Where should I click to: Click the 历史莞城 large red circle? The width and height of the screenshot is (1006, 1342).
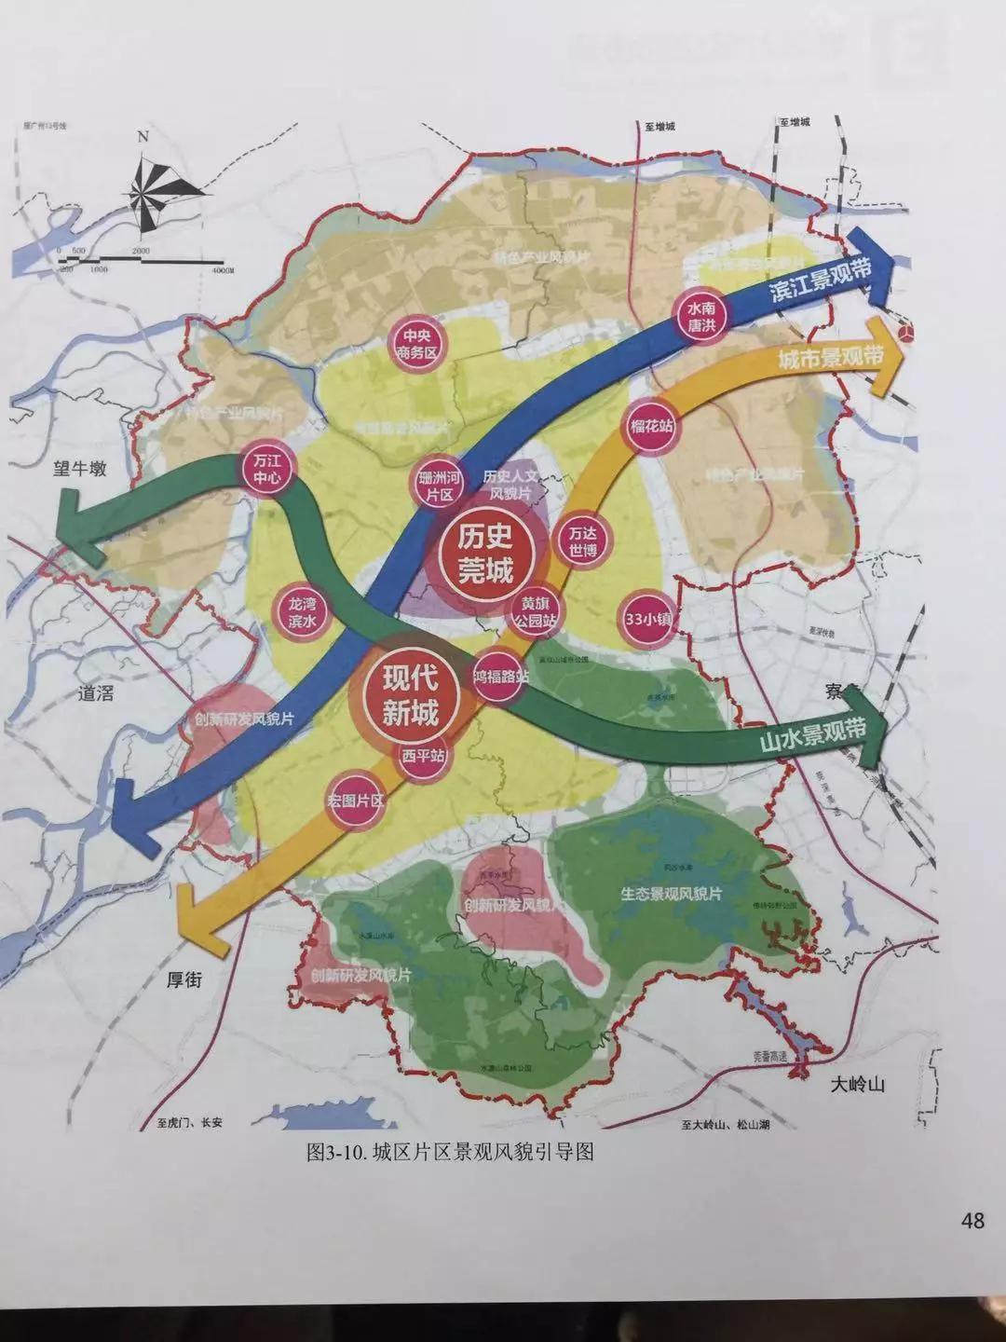click(x=484, y=555)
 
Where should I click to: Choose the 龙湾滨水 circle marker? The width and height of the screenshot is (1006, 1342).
click(x=303, y=614)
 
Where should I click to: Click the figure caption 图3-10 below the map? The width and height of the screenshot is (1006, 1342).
click(x=450, y=1153)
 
